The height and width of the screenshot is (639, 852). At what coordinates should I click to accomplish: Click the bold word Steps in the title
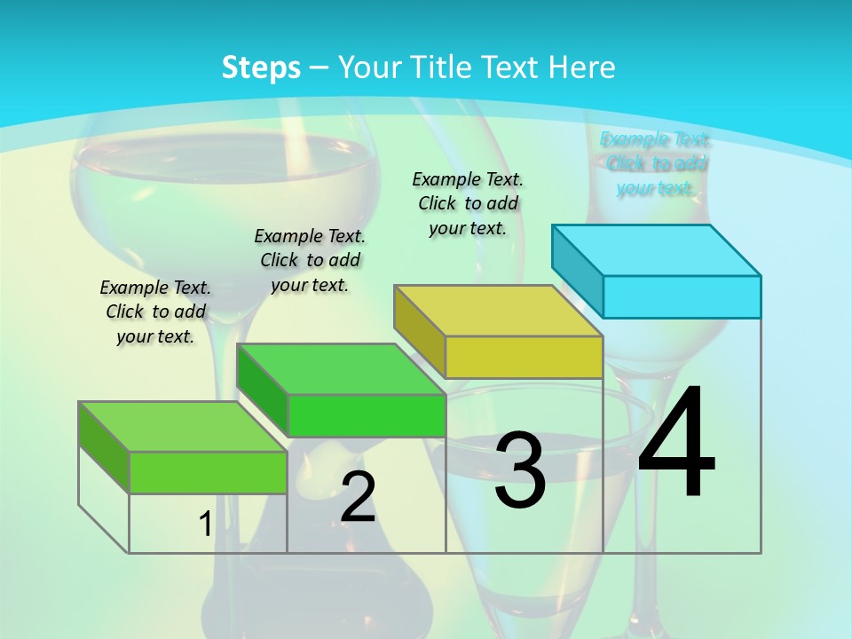pyautogui.click(x=261, y=67)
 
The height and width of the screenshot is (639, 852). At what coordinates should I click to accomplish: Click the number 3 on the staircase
pyautogui.click(x=520, y=470)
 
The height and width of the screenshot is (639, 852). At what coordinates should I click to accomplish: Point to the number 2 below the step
pyautogui.click(x=358, y=497)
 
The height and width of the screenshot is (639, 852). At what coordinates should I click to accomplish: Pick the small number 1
pyautogui.click(x=205, y=525)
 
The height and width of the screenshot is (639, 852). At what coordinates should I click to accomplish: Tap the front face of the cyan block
pyautogui.click(x=682, y=296)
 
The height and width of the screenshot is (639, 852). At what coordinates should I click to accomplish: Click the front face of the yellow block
pyautogui.click(x=524, y=357)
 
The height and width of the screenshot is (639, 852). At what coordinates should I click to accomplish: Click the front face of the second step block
pyautogui.click(x=366, y=415)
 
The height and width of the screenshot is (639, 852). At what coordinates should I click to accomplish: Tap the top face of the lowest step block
pyautogui.click(x=183, y=427)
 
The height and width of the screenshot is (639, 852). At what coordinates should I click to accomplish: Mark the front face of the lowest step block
pyautogui.click(x=208, y=472)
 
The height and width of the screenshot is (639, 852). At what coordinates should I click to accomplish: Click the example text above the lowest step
pyautogui.click(x=155, y=312)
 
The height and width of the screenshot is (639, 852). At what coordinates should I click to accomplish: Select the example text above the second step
pyautogui.click(x=310, y=260)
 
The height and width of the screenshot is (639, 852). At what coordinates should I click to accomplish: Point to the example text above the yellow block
pyautogui.click(x=468, y=203)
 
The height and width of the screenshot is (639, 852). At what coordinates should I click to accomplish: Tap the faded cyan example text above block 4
pyautogui.click(x=655, y=163)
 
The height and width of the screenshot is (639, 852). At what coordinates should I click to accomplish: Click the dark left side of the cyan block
pyautogui.click(x=578, y=264)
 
